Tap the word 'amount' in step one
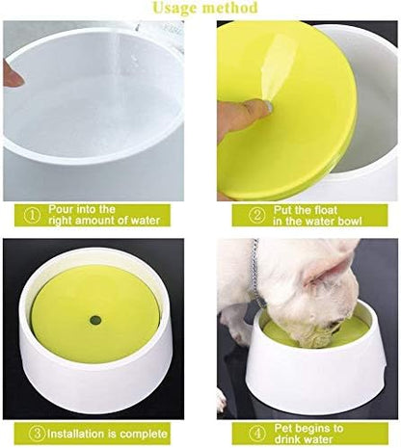pos(105,221)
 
